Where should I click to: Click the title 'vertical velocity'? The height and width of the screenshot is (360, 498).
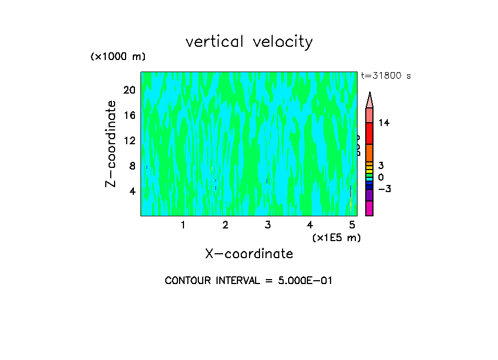[x=249, y=42]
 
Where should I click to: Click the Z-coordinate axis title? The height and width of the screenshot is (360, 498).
[x=111, y=144]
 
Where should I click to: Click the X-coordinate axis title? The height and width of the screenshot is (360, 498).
[x=249, y=254]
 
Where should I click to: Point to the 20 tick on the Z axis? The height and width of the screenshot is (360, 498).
[x=129, y=90]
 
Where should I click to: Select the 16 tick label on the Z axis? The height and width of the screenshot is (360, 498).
[x=129, y=115]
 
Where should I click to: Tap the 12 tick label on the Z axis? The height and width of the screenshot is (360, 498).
[x=129, y=140]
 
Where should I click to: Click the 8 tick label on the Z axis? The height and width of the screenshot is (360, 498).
[x=132, y=166]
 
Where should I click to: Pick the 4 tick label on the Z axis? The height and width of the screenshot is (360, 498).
[x=132, y=191]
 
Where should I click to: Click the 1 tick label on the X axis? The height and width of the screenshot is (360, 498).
[x=183, y=225]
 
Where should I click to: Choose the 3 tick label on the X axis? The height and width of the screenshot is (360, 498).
[x=268, y=225]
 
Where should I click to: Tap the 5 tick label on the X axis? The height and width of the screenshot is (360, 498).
[x=353, y=225]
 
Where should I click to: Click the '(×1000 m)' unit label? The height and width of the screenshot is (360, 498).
[x=118, y=57]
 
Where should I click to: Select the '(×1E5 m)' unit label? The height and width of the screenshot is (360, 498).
[x=336, y=237]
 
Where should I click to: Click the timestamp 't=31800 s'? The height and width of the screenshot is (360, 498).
[x=386, y=76]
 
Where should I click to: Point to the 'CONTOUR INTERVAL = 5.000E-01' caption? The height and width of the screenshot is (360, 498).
[x=249, y=281]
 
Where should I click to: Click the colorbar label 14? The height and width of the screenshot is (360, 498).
[x=384, y=123]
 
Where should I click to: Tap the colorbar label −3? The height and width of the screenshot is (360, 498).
[x=384, y=189]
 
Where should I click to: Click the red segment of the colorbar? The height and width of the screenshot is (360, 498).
[x=369, y=133]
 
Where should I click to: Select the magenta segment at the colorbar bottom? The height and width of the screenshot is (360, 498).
[x=369, y=208]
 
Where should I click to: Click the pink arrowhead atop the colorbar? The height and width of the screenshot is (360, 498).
[x=370, y=101]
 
